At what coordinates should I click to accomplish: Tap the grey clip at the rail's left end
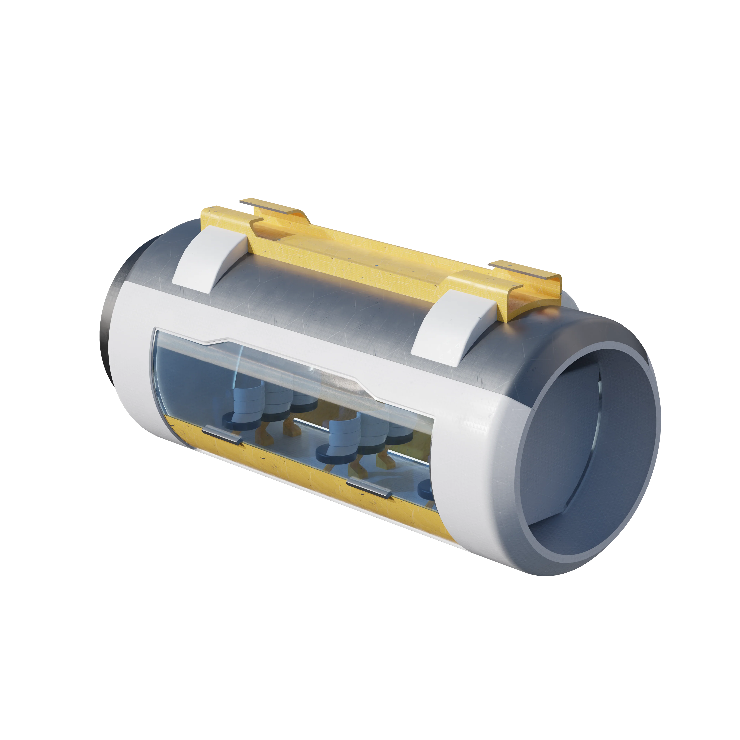pyautogui.click(x=268, y=207)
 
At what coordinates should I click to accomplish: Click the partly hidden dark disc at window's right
pyautogui.click(x=427, y=488)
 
